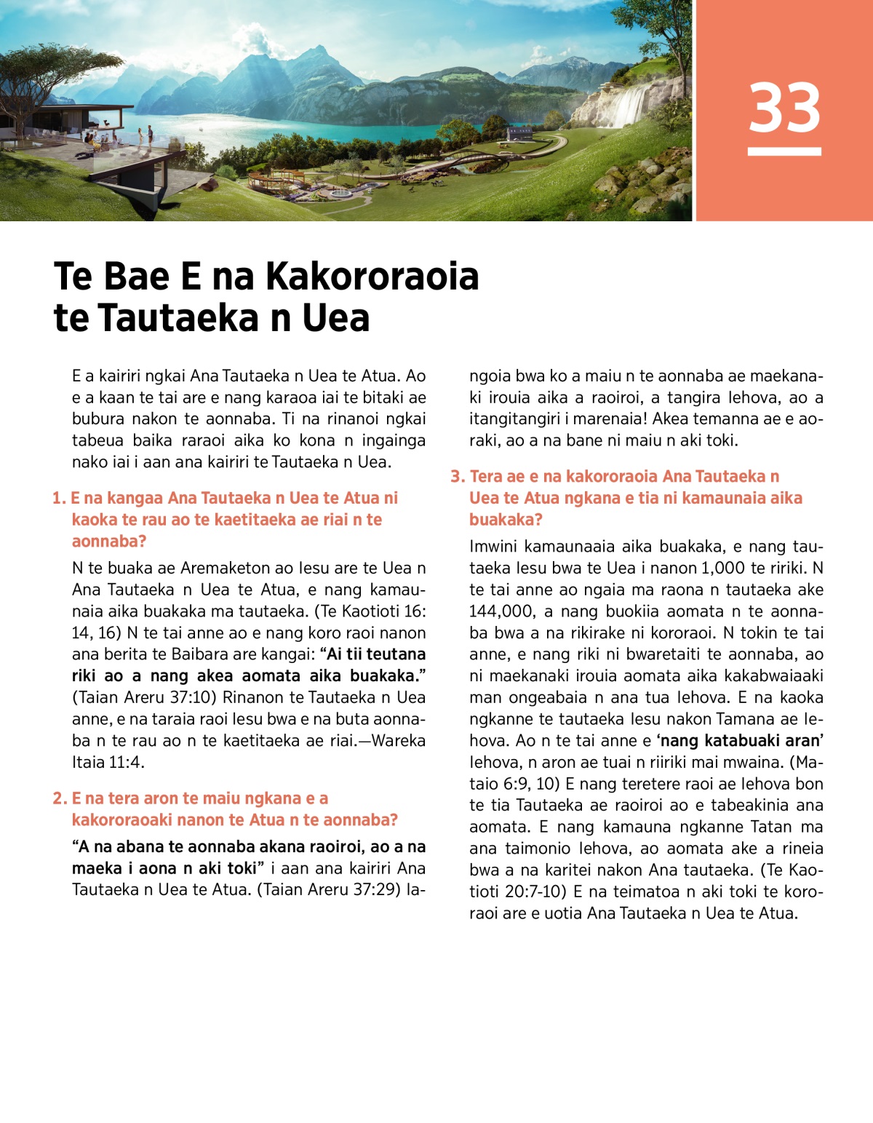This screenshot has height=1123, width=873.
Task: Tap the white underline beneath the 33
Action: pos(784,151)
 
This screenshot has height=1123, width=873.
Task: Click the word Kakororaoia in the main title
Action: pos(372,276)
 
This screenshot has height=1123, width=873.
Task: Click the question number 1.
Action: pos(58,499)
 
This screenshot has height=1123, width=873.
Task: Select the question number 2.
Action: pos(60,799)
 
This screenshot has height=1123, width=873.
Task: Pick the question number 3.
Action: pos(457,477)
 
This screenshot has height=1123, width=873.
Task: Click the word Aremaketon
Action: pos(234,568)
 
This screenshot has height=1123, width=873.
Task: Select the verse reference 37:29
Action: pos(376,890)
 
